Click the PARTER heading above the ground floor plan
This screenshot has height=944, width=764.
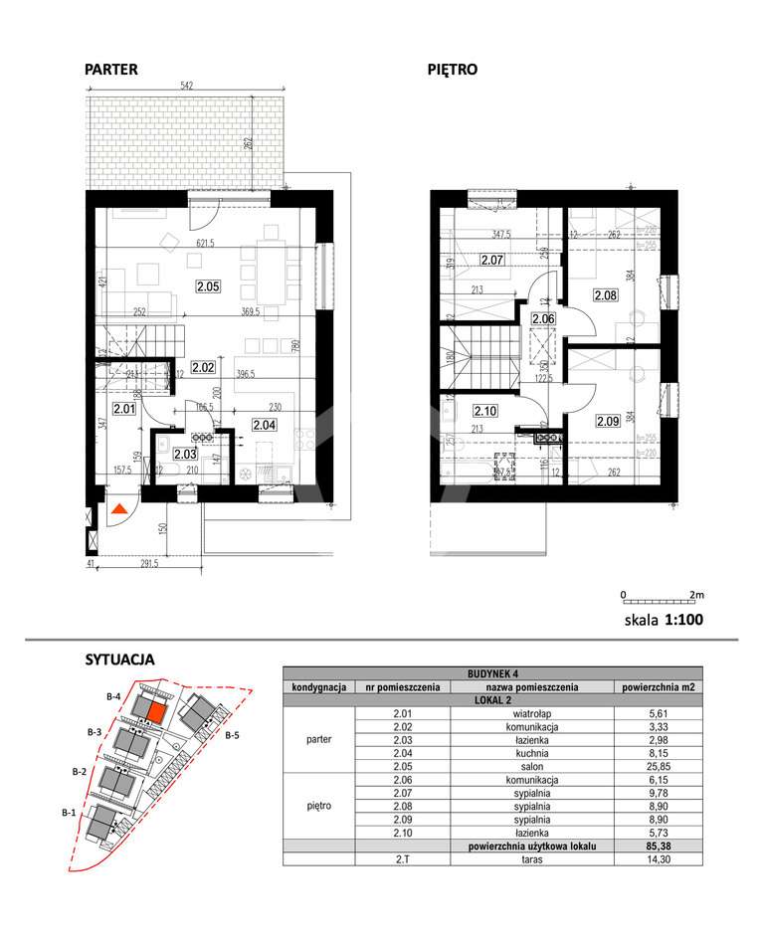pos(110,70)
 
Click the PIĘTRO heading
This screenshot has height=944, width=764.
pos(453,70)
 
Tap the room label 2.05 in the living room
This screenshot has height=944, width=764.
pos(208,287)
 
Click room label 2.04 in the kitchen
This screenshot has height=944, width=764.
pos(264,425)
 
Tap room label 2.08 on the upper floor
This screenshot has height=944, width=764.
pos(606,294)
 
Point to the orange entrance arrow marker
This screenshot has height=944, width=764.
pos(117,510)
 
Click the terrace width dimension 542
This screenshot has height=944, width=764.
pos(187,87)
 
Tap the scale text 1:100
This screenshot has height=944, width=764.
pos(683,620)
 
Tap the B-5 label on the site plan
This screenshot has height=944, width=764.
pos(232,736)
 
